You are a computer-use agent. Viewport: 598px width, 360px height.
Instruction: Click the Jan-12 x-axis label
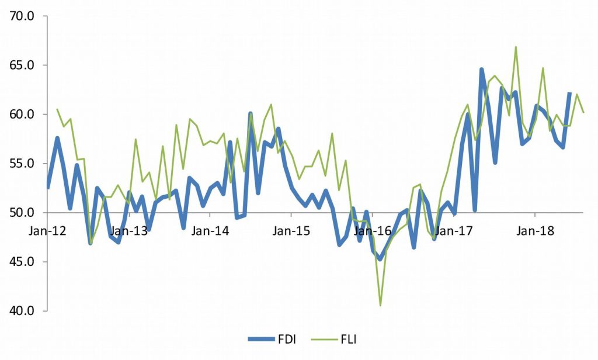47,230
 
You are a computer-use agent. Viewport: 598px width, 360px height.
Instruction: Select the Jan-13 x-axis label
128,230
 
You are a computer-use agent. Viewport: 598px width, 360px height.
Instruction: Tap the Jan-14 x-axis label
210,230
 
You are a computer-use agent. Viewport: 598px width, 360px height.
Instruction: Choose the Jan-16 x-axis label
372,230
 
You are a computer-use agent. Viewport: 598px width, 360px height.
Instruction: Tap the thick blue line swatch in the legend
260,338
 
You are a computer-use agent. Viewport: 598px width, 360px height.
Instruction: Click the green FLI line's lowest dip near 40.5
380,305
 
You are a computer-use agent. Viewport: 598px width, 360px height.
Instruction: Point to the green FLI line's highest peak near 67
516,47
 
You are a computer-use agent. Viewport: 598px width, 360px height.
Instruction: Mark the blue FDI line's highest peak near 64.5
482,70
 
